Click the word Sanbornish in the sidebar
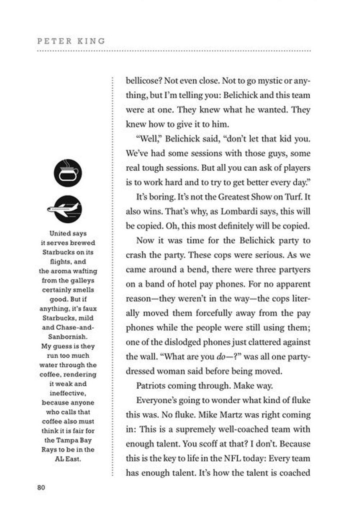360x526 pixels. (68, 337)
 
